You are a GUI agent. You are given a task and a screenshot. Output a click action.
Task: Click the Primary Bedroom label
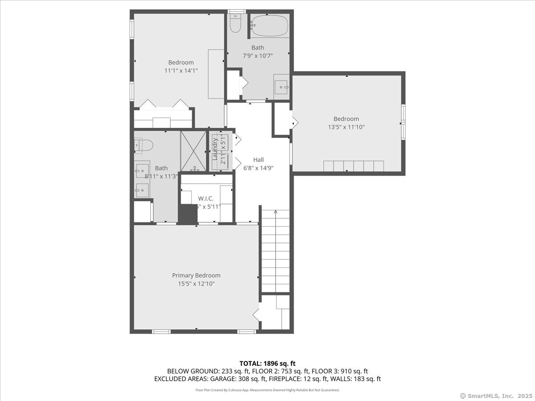(x=196, y=275)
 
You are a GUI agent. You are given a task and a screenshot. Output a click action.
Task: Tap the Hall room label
(x=258, y=160)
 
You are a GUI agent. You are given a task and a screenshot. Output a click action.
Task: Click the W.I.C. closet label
(x=206, y=198)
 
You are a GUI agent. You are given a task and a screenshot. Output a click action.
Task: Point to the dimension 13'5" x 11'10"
(x=346, y=127)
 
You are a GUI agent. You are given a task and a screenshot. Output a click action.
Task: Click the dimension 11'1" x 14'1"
(x=181, y=70)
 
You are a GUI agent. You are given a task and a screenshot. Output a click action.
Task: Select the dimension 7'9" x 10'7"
(x=257, y=56)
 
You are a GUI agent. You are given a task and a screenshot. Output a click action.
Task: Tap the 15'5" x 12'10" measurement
(x=196, y=284)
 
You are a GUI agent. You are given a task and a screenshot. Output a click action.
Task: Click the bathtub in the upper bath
(x=269, y=26)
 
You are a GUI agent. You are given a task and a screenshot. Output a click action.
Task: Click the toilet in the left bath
(x=144, y=145)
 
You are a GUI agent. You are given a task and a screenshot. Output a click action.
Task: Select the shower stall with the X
(x=193, y=151)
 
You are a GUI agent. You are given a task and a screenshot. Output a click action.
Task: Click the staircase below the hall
(x=275, y=252)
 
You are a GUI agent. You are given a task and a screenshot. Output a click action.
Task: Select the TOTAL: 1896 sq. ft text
(x=267, y=363)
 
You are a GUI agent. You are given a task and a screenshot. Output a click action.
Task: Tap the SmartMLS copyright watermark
(x=495, y=396)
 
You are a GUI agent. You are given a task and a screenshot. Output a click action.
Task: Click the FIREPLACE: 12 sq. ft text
(x=306, y=379)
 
